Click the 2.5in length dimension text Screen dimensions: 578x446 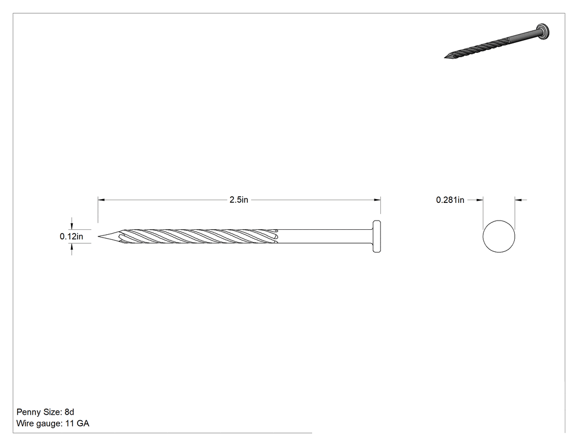coord(239,200)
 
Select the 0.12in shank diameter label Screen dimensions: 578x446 coord(72,236)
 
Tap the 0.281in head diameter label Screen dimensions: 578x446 coord(450,200)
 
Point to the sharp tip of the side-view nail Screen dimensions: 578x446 coord(99,236)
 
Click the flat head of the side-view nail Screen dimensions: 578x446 coord(377,236)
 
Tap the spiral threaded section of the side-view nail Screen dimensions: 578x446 coord(199,236)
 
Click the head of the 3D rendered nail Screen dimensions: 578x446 coord(543,31)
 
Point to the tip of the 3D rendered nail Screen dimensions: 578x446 coord(445,58)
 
